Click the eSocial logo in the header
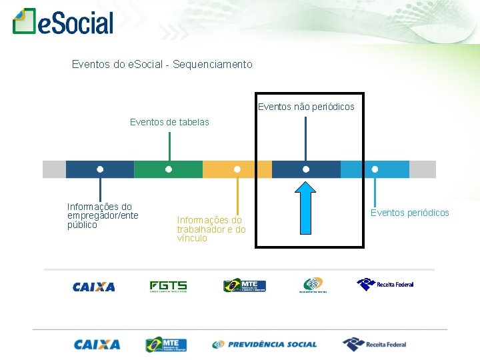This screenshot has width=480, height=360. pyautogui.click(x=63, y=22)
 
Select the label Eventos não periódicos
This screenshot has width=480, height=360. pyautogui.click(x=306, y=107)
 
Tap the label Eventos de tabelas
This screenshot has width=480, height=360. pyautogui.click(x=169, y=122)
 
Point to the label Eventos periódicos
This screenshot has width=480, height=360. pyautogui.click(x=410, y=213)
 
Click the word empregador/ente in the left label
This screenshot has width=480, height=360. pyautogui.click(x=103, y=215)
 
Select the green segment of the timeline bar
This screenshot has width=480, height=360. pyautogui.click(x=168, y=169)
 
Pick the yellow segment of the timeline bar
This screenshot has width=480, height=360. pyautogui.click(x=237, y=169)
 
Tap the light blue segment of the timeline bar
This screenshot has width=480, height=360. pyautogui.click(x=375, y=169)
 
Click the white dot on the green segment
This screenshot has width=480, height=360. pyautogui.click(x=169, y=169)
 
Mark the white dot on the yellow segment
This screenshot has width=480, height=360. pyautogui.click(x=237, y=169)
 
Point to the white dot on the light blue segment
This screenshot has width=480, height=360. pyautogui.click(x=375, y=169)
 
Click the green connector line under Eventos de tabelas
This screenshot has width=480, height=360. pyautogui.click(x=169, y=146)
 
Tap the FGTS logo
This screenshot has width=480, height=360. pyautogui.click(x=168, y=287)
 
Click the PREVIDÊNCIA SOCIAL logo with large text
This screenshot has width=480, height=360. pyautogui.click(x=265, y=345)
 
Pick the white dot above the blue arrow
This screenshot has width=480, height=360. pyautogui.click(x=306, y=169)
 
